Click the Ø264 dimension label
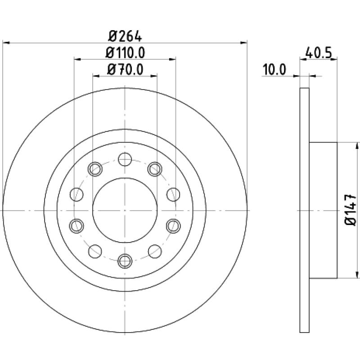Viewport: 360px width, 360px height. (125, 36)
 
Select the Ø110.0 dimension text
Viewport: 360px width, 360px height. (126, 53)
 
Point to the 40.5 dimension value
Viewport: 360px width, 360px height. (319, 53)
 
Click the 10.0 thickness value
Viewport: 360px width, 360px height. (274, 70)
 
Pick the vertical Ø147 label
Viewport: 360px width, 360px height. (351, 210)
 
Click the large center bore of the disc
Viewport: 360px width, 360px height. (125, 210)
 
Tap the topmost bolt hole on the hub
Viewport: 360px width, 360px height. (125, 159)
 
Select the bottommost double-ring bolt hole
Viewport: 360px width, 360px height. (125, 261)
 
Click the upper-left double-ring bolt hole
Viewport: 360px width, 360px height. (95, 169)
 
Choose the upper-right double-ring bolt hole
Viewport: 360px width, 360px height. (155, 169)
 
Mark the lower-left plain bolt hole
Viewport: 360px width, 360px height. (95, 252)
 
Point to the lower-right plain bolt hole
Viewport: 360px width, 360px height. (155, 252)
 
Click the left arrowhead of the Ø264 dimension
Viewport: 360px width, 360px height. (6, 43)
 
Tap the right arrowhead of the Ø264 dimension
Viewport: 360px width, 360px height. (243, 43)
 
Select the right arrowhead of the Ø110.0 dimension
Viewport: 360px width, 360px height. (172, 59)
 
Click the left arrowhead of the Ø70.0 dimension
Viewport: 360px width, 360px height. (96, 76)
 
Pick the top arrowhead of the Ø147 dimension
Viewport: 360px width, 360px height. (357, 146)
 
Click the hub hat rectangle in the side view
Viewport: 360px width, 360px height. (323, 210)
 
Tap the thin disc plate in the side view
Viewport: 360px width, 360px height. (305, 210)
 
